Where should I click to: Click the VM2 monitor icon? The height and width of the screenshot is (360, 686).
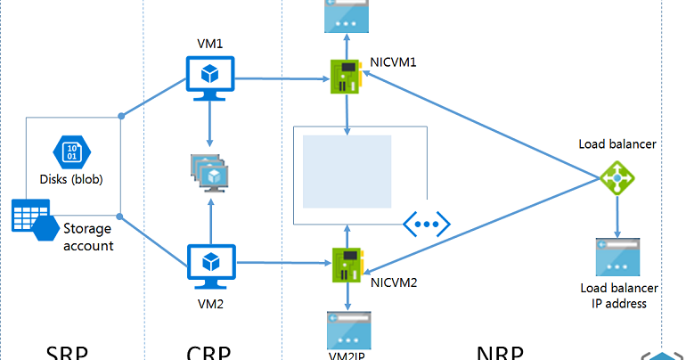click(209, 265)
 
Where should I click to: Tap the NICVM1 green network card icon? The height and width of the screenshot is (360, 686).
click(347, 78)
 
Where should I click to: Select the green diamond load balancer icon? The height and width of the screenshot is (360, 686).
click(616, 181)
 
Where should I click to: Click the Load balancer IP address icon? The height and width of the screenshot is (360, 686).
click(617, 257)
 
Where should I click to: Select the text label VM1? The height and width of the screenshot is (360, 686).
click(209, 43)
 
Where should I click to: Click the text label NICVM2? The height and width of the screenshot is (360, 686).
click(394, 282)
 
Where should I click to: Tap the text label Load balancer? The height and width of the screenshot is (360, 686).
click(617, 143)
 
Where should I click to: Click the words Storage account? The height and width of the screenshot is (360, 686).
click(88, 237)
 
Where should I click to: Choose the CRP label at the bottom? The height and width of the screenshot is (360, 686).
click(209, 353)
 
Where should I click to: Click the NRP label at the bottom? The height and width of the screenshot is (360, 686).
click(499, 353)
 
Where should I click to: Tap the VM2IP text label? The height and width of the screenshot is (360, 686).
click(347, 354)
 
